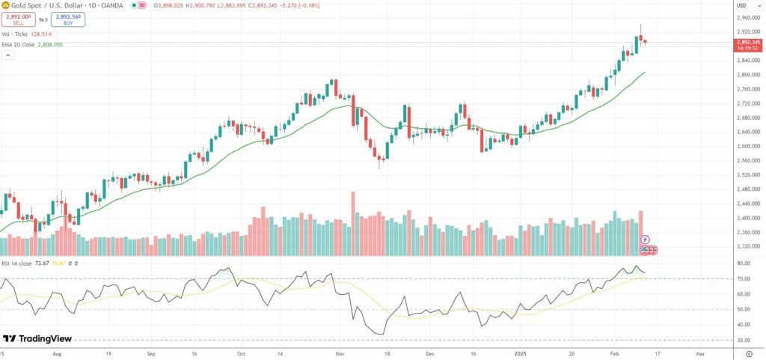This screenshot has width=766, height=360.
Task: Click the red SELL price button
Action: [x=18, y=19]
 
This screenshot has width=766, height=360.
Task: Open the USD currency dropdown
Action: [x=742, y=6]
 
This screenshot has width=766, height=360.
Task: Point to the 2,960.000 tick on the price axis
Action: [x=747, y=16]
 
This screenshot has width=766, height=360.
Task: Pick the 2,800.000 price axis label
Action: [x=747, y=75]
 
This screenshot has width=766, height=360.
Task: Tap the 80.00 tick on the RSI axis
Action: [x=743, y=263]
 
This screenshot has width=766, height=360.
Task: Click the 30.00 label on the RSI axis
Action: [x=743, y=340]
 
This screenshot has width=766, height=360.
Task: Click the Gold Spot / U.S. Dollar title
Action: [x=46, y=6]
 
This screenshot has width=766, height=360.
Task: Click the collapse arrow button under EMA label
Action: [x=7, y=55]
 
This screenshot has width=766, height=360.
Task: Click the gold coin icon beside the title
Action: [x=4, y=6]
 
